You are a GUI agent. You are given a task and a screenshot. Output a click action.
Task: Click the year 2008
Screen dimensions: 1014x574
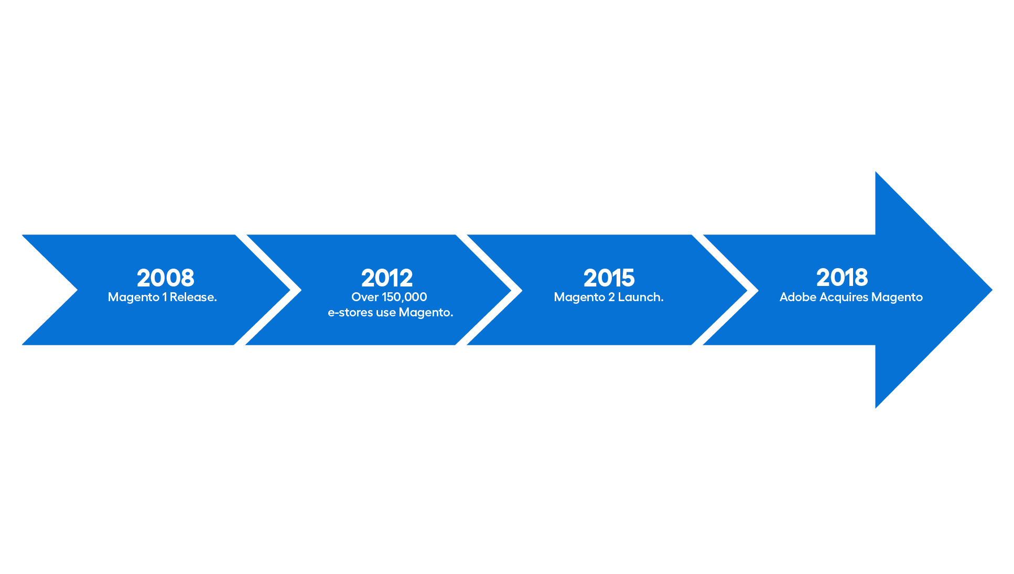pyautogui.click(x=166, y=278)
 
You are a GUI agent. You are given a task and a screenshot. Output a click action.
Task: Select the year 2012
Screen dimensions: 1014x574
pyautogui.click(x=387, y=278)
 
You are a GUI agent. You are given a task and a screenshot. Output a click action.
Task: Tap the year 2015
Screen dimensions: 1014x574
pyautogui.click(x=609, y=278)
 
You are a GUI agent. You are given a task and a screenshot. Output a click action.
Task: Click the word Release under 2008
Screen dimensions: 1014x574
pyautogui.click(x=193, y=297)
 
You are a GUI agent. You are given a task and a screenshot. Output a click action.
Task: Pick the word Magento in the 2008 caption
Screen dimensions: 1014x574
pyautogui.click(x=134, y=297)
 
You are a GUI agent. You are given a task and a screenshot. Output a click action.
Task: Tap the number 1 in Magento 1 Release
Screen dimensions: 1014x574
pyautogui.click(x=165, y=297)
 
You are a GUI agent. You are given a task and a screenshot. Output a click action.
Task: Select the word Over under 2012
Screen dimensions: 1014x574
pyautogui.click(x=365, y=297)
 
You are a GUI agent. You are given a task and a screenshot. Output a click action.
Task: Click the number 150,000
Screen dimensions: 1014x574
pyautogui.click(x=404, y=297)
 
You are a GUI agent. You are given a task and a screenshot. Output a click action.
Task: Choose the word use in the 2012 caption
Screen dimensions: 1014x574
pyautogui.click(x=386, y=313)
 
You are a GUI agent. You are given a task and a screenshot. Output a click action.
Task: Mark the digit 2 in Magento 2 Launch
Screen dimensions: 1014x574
pyautogui.click(x=611, y=297)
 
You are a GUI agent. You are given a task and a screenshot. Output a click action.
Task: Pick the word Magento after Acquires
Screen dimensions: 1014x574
pyautogui.click(x=897, y=297)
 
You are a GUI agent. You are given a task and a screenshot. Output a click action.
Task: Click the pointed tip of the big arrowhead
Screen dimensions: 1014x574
pyautogui.click(x=992, y=290)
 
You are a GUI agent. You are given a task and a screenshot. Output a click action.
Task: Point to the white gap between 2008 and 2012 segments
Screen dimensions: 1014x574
pyautogui.click(x=267, y=290)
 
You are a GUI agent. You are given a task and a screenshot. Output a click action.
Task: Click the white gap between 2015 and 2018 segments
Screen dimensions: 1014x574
pyautogui.click(x=725, y=290)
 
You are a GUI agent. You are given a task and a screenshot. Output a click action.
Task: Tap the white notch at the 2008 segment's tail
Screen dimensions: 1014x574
pyautogui.click(x=47, y=290)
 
